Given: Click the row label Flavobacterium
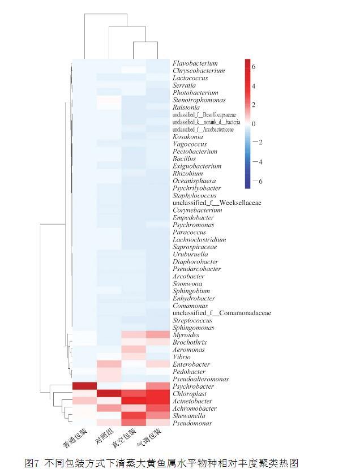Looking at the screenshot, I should [x=195, y=63].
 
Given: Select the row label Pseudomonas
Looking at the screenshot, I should [x=192, y=423].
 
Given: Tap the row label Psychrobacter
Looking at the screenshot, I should [x=194, y=386].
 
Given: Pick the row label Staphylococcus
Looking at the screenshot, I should [x=194, y=195].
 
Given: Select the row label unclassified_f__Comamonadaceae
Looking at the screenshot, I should [x=221, y=313].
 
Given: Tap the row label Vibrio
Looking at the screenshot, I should [x=182, y=357].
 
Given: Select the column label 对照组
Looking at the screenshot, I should [x=102, y=437].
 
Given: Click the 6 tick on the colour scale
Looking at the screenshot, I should [x=254, y=67].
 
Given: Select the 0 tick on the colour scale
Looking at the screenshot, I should [x=254, y=123].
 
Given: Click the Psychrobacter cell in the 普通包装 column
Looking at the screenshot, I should [x=84, y=386].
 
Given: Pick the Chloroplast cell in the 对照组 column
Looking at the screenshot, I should [x=109, y=394].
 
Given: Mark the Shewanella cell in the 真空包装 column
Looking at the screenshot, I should [x=133, y=416].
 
